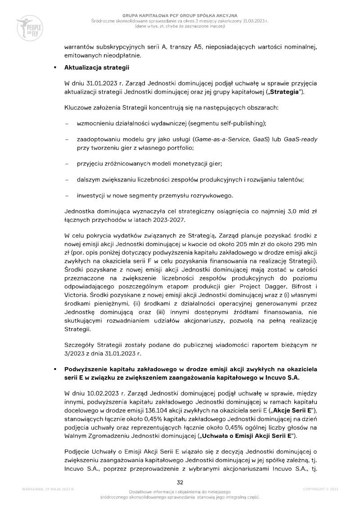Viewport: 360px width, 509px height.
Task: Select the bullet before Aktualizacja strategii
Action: [54, 68]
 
